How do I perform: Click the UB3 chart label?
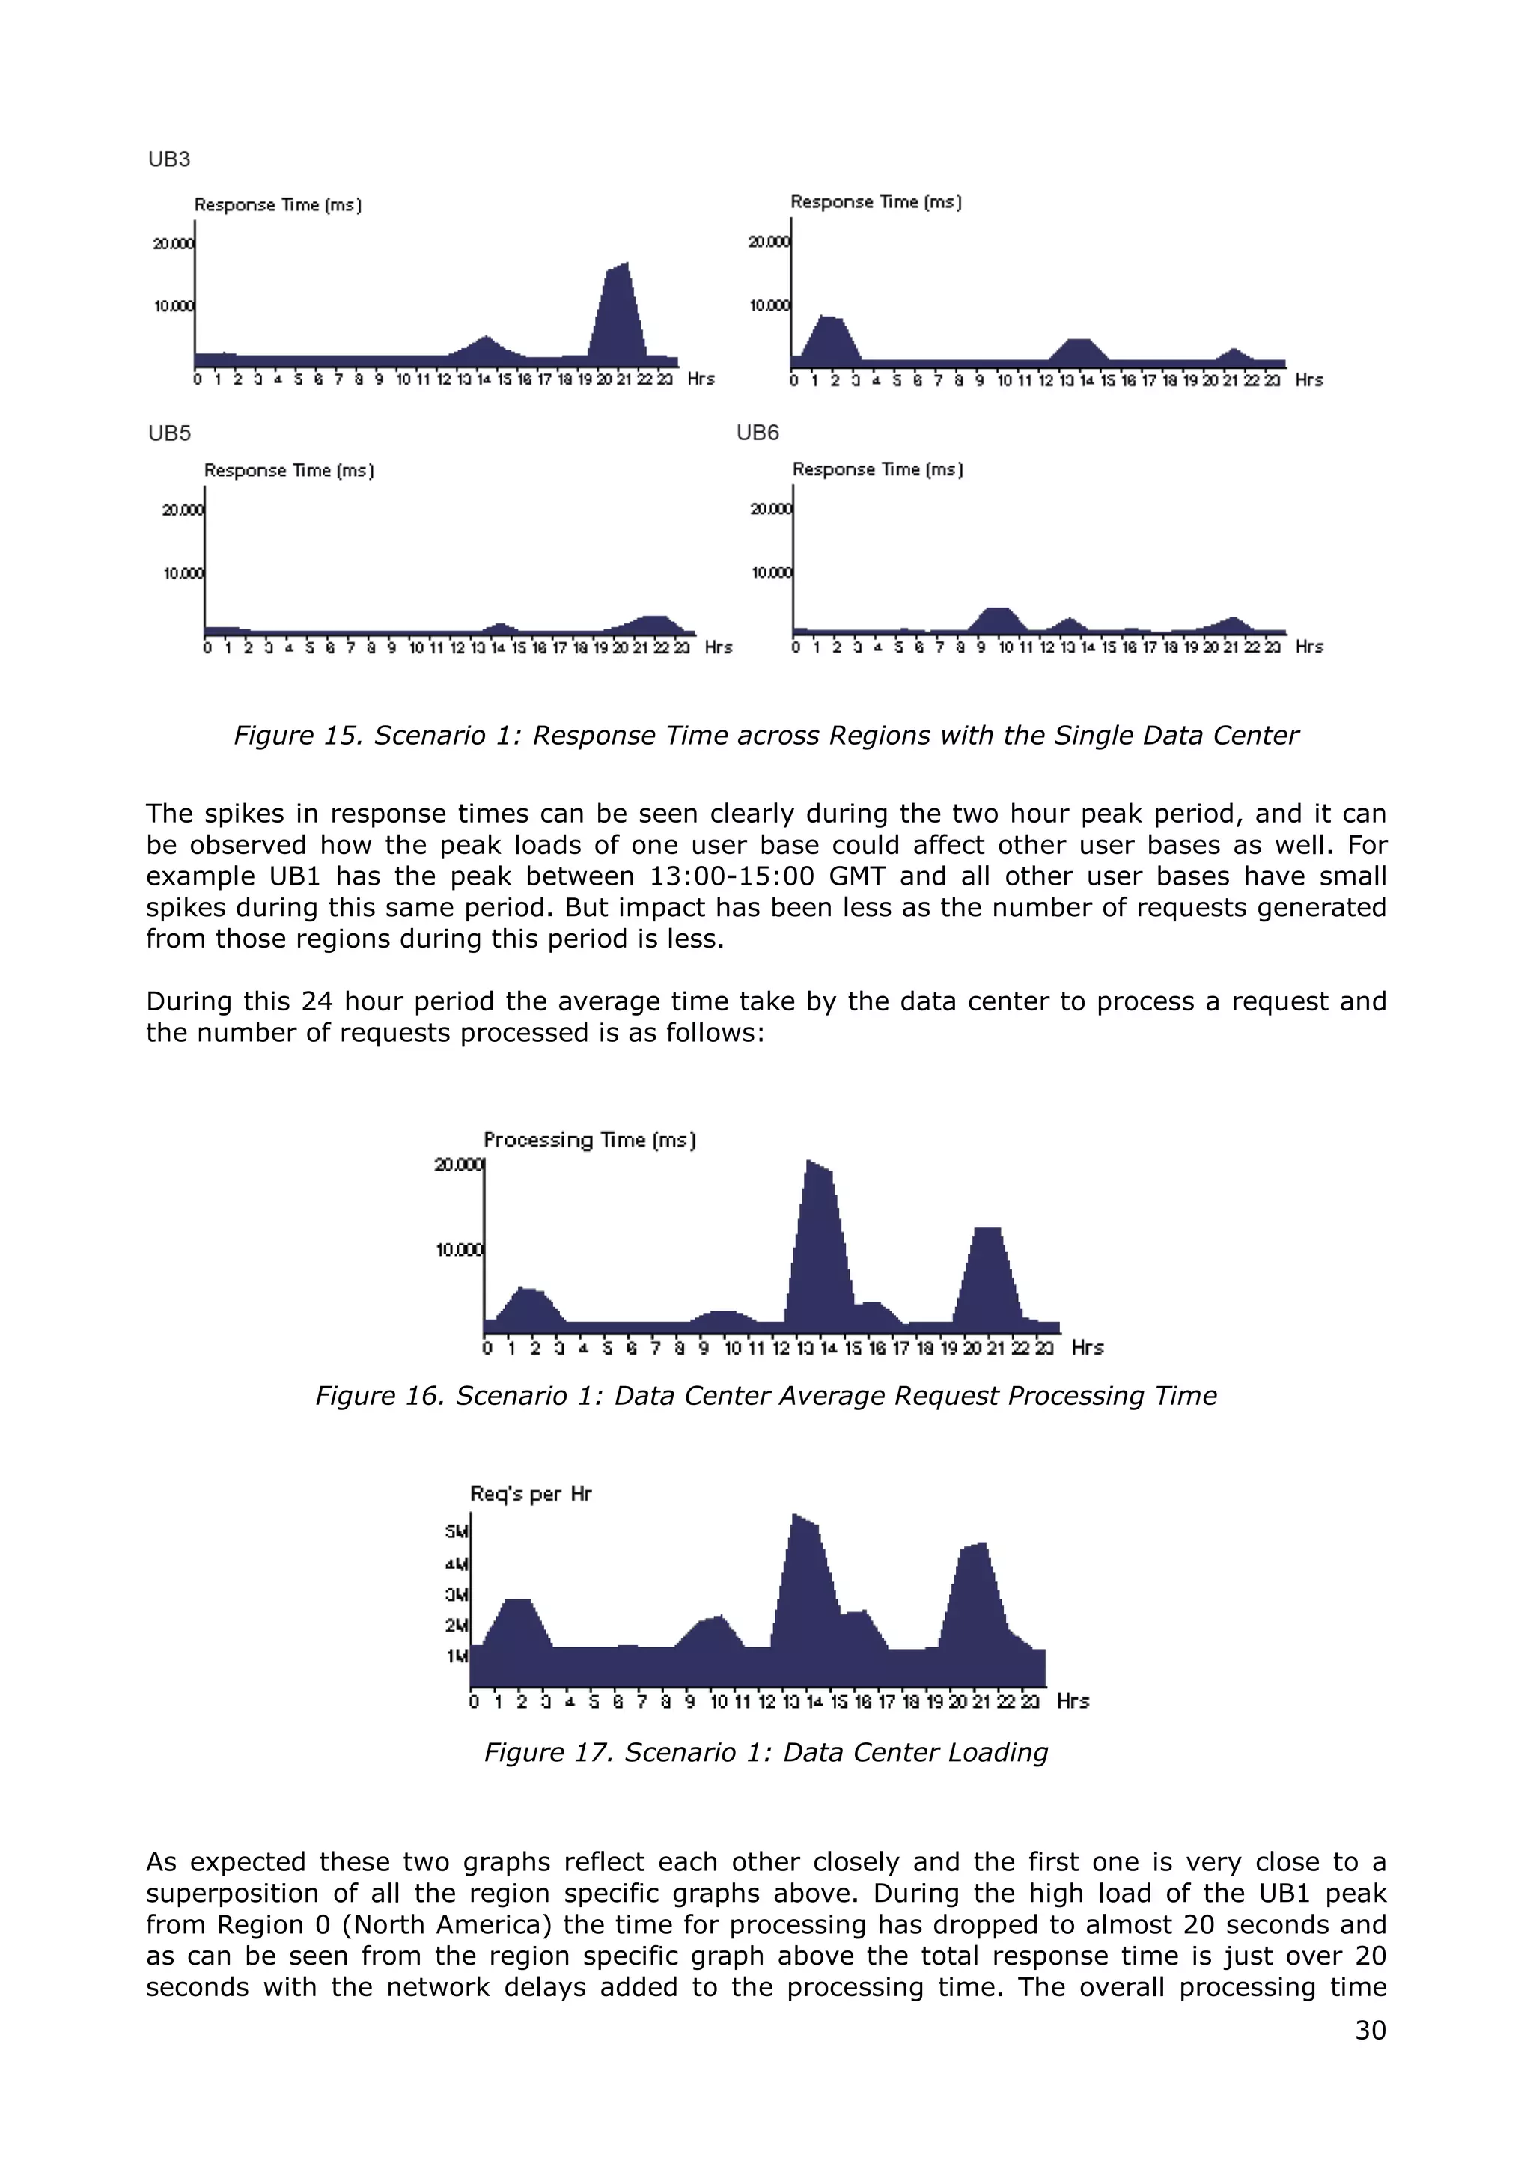click(169, 159)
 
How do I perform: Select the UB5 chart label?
click(169, 433)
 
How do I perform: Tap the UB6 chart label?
click(758, 433)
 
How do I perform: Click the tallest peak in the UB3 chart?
click(624, 266)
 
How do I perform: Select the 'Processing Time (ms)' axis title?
click(589, 1139)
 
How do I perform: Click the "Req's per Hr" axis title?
click(531, 1494)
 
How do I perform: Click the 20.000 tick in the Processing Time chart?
click(458, 1165)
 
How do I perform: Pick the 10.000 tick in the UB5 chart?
click(183, 573)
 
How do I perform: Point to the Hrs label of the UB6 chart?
click(1309, 647)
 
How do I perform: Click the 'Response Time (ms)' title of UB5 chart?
click(289, 471)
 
